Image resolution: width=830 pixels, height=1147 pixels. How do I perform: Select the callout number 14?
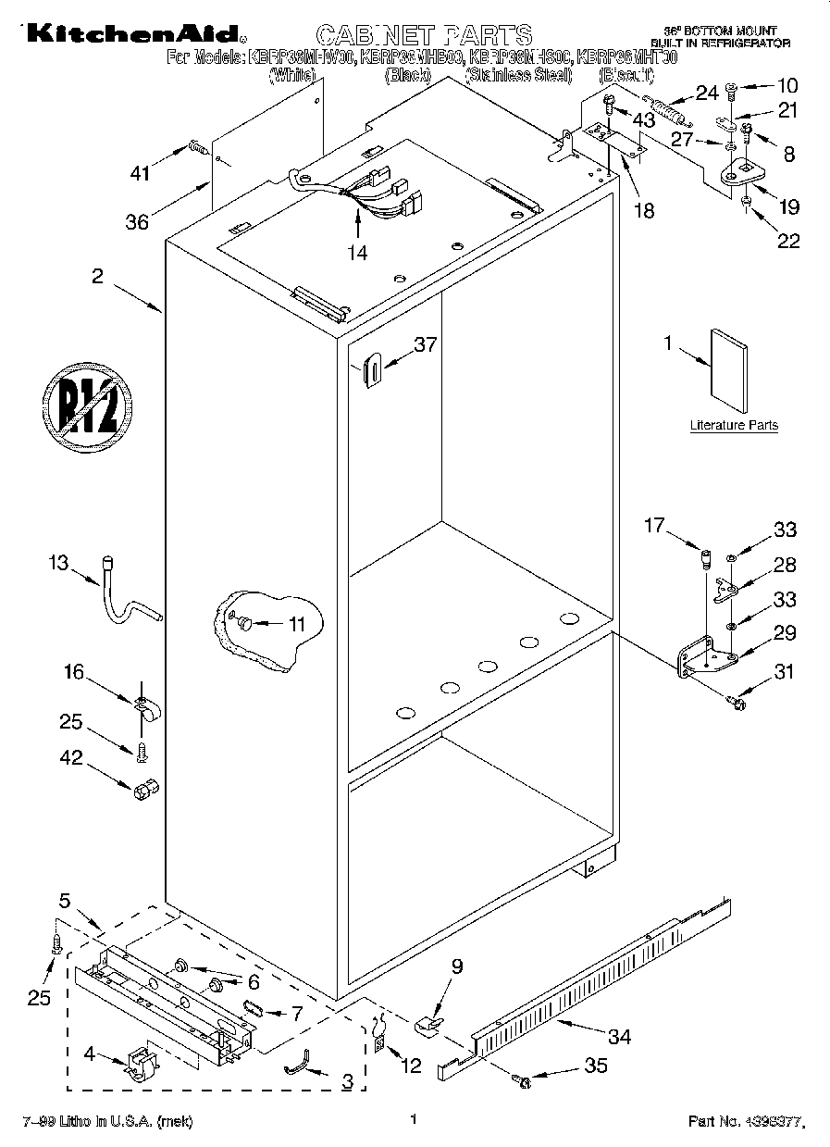(x=357, y=251)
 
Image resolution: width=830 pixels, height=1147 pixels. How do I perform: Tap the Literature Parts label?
(x=734, y=426)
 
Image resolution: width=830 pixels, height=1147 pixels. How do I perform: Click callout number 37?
(x=425, y=344)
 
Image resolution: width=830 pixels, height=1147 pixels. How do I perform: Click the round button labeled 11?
(x=245, y=625)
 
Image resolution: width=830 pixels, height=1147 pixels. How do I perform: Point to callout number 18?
(x=642, y=210)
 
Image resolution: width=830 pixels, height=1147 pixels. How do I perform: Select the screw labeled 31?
(x=737, y=704)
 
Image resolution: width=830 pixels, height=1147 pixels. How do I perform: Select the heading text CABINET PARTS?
(x=424, y=35)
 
